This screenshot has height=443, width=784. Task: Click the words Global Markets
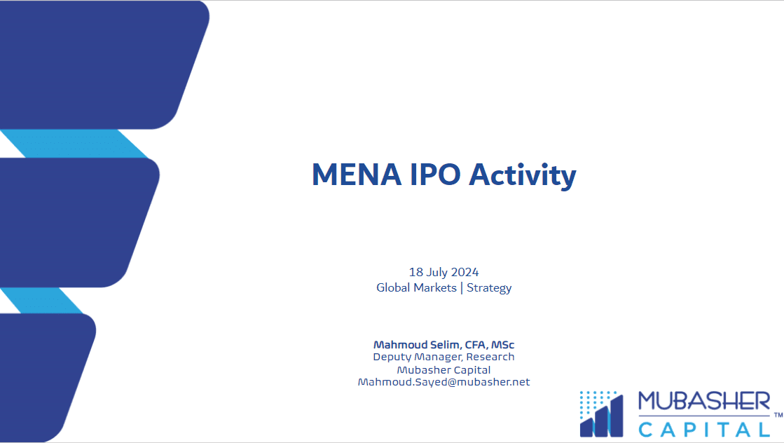(x=416, y=287)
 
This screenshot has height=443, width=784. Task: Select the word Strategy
(x=489, y=287)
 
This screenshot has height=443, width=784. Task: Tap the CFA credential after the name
(x=474, y=345)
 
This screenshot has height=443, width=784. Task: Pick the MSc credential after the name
(x=503, y=345)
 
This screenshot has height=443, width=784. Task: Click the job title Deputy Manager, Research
(x=443, y=357)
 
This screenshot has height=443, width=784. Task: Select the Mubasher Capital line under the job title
(x=443, y=369)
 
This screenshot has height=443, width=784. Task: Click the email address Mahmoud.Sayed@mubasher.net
(x=443, y=382)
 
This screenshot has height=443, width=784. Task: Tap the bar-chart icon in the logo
(x=601, y=414)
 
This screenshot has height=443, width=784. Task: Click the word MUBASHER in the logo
(x=703, y=402)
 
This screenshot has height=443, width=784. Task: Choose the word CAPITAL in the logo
(x=703, y=428)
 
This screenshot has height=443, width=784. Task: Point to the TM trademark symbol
(x=778, y=416)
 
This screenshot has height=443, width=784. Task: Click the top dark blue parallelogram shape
(x=98, y=64)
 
